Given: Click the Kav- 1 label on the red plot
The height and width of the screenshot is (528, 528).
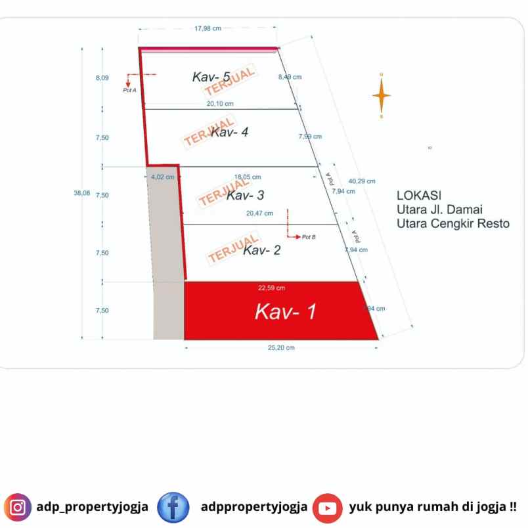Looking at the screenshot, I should point(286,311).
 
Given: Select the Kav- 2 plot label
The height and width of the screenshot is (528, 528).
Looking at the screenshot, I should point(261,250).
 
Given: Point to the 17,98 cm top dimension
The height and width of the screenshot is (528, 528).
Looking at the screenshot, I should point(208,28).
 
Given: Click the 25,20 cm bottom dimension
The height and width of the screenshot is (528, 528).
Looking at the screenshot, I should point(280,347).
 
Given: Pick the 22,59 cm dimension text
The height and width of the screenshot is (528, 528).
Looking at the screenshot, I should point(271,288).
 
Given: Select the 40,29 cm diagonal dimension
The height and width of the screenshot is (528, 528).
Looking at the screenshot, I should point(362,181).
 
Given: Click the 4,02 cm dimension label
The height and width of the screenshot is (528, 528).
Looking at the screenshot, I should point(162,177).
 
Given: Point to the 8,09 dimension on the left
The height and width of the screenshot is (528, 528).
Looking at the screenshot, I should point(101,78).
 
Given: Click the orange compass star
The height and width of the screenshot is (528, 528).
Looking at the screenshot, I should point(381,96).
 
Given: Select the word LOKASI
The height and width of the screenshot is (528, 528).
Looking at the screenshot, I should point(419,195).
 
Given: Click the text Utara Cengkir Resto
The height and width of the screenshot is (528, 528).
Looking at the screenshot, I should point(452,223).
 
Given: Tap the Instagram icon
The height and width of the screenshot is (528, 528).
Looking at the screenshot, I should point(18,508).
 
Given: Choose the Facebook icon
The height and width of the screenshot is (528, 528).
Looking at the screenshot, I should point(173,508).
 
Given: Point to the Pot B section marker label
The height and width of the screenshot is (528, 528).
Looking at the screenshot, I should point(309,236).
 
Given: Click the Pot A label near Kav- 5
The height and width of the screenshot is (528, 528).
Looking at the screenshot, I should point(129,90).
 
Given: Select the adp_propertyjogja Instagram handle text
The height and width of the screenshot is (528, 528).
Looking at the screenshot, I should point(93,508).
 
